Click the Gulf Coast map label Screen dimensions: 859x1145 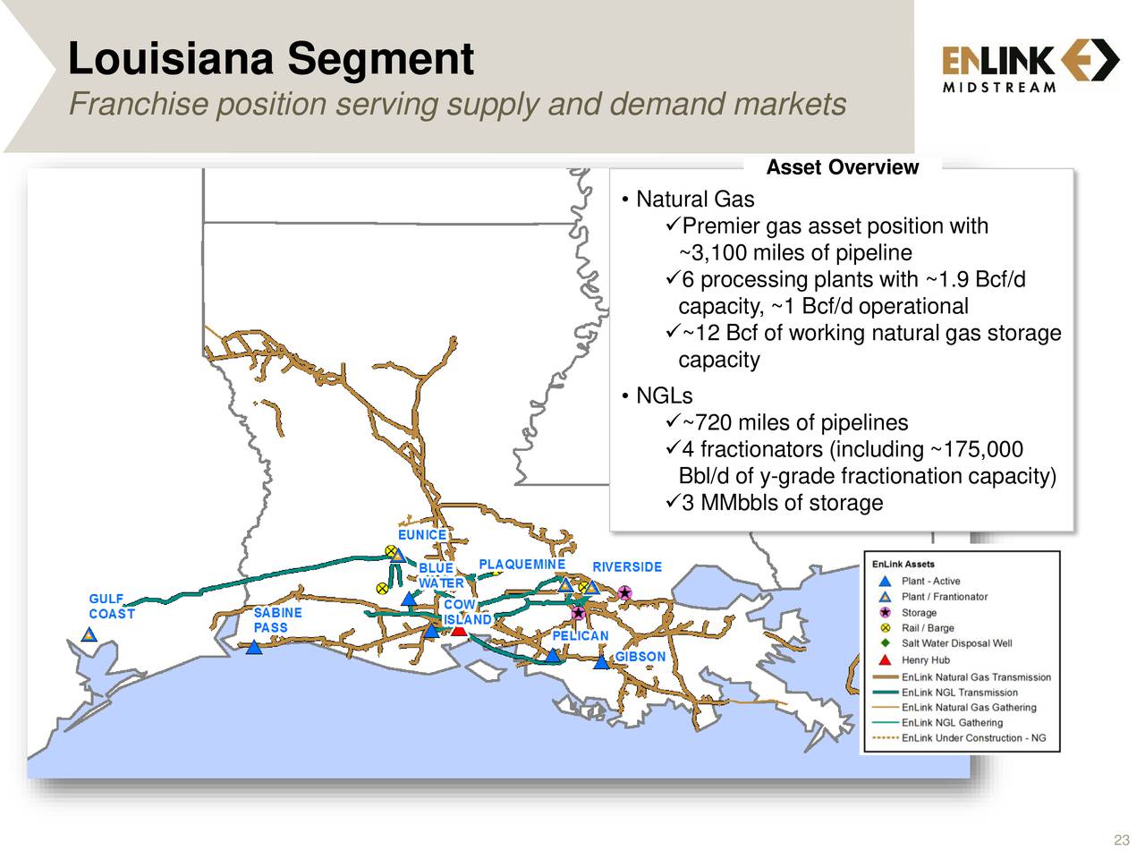coord(112,606)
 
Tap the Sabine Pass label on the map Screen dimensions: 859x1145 coord(277,620)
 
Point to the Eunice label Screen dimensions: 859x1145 coord(422,535)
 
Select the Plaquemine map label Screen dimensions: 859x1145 coord(522,565)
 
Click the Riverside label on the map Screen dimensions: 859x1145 coord(627,567)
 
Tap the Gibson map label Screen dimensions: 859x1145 coord(640,657)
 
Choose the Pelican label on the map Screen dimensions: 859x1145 coord(580,636)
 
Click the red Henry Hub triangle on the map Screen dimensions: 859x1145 coord(459,630)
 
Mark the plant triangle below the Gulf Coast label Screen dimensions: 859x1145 coord(89,635)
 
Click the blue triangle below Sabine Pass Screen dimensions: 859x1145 coord(254,647)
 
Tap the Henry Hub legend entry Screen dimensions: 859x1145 coord(925,660)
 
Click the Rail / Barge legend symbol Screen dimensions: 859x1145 coord(885,628)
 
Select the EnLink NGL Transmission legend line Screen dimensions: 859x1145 coord(885,693)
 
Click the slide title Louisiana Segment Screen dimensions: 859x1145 coord(270,59)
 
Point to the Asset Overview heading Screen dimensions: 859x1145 coord(842,167)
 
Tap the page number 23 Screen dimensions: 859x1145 coord(1121,839)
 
